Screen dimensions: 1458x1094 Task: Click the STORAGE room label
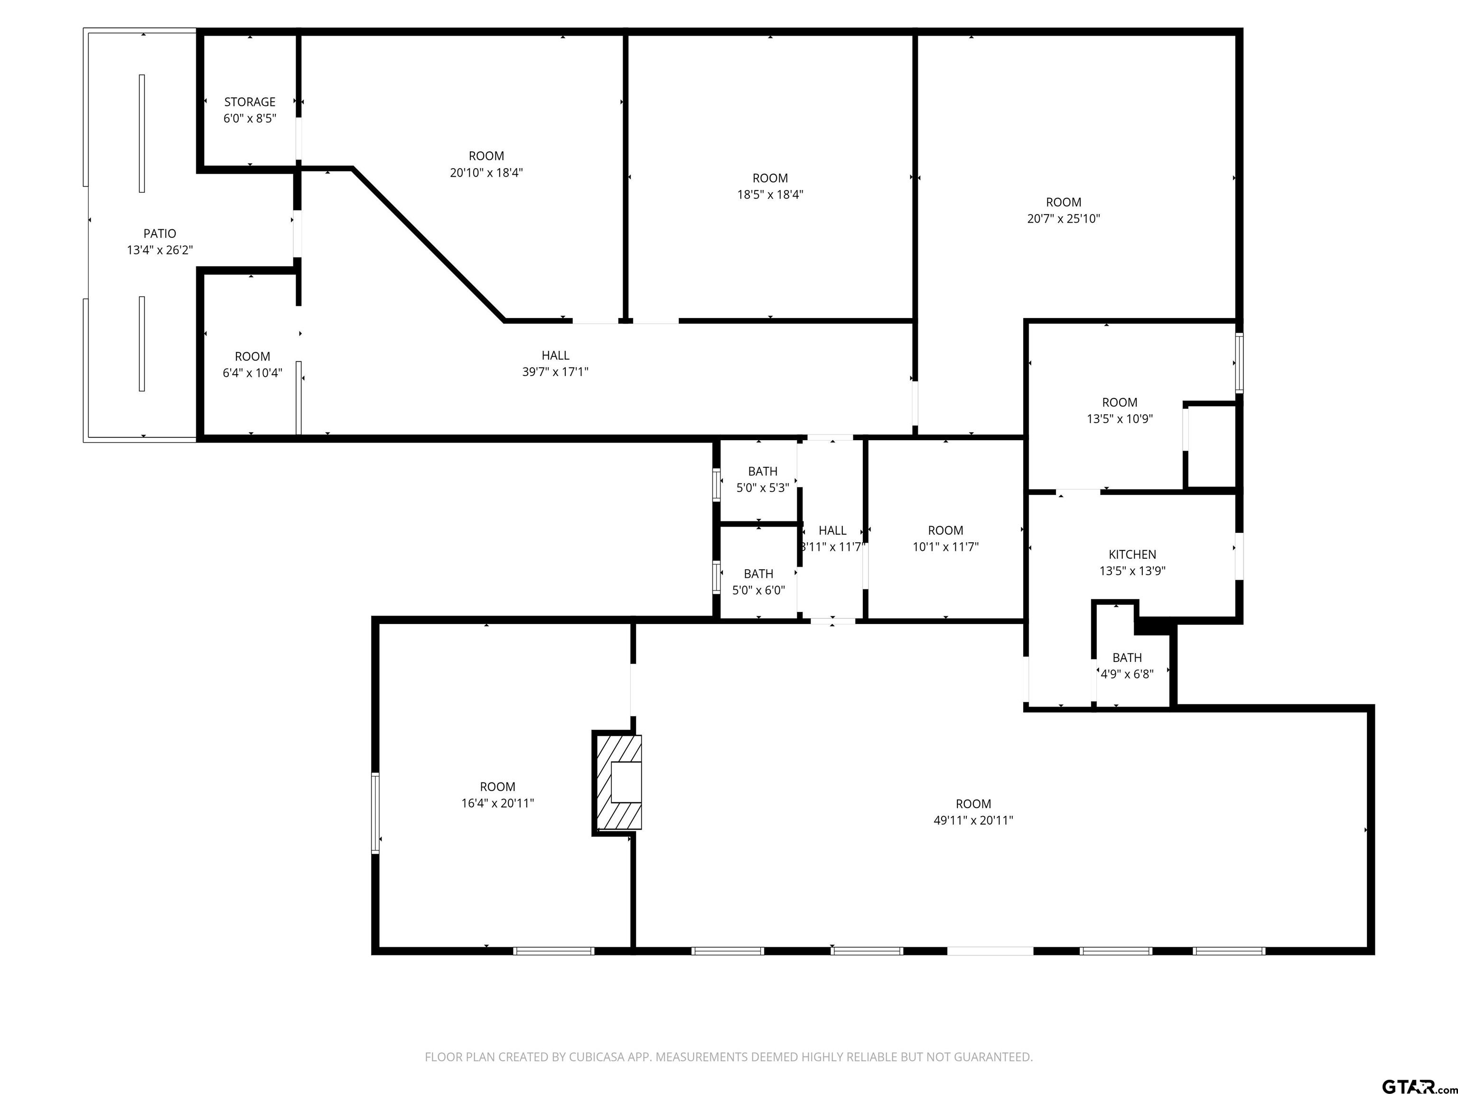(250, 102)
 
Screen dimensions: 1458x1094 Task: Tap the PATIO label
(160, 234)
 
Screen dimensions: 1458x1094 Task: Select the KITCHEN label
(1132, 555)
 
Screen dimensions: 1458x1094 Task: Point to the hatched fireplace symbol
(619, 782)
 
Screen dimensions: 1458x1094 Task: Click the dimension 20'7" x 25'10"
(1064, 219)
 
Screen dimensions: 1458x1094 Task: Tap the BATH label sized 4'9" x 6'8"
(1127, 658)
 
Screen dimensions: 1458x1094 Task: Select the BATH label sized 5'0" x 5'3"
(763, 472)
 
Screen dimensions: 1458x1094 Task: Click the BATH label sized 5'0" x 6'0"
(758, 574)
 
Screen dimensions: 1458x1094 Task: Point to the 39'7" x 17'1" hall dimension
(556, 372)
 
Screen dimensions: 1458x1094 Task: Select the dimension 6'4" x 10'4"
(252, 373)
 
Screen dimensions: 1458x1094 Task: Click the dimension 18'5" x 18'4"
(770, 195)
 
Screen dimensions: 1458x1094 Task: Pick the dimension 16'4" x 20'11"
(498, 803)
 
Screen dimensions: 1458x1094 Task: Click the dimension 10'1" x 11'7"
(946, 547)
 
